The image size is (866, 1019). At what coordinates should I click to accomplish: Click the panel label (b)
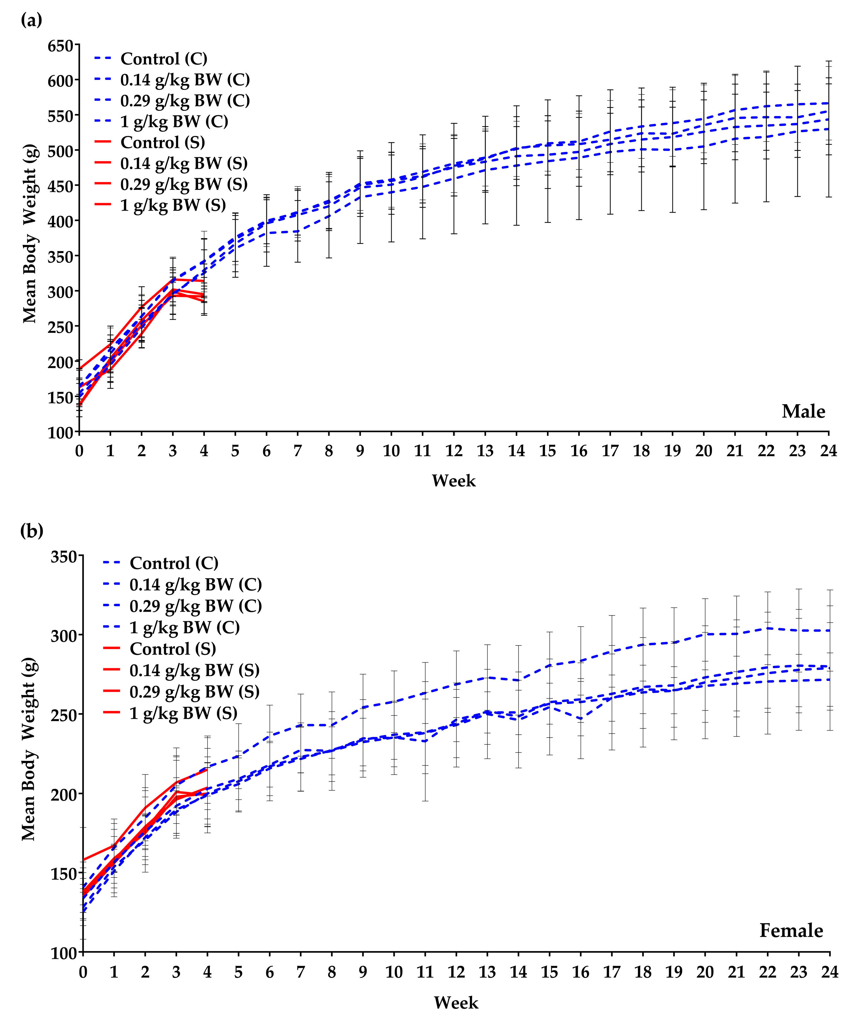click(32, 531)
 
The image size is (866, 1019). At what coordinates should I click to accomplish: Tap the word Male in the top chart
click(803, 411)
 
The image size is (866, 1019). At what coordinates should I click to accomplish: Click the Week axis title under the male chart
click(453, 481)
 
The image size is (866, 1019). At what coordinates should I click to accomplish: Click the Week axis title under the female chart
click(456, 1003)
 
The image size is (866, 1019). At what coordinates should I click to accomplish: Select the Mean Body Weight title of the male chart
click(30, 233)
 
